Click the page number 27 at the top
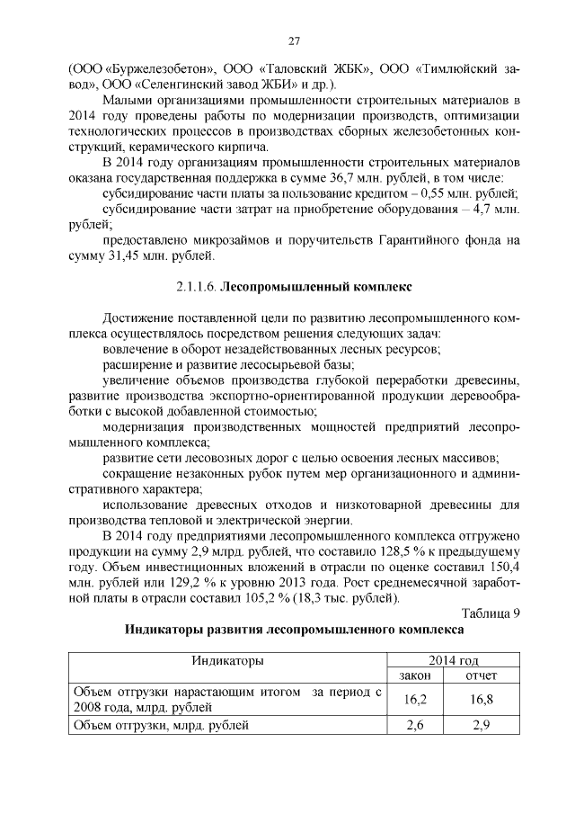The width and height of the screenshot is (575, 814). pyautogui.click(x=294, y=40)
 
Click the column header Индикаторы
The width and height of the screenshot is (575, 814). pyautogui.click(x=226, y=661)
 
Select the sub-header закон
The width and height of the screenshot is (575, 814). pyautogui.click(x=414, y=675)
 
